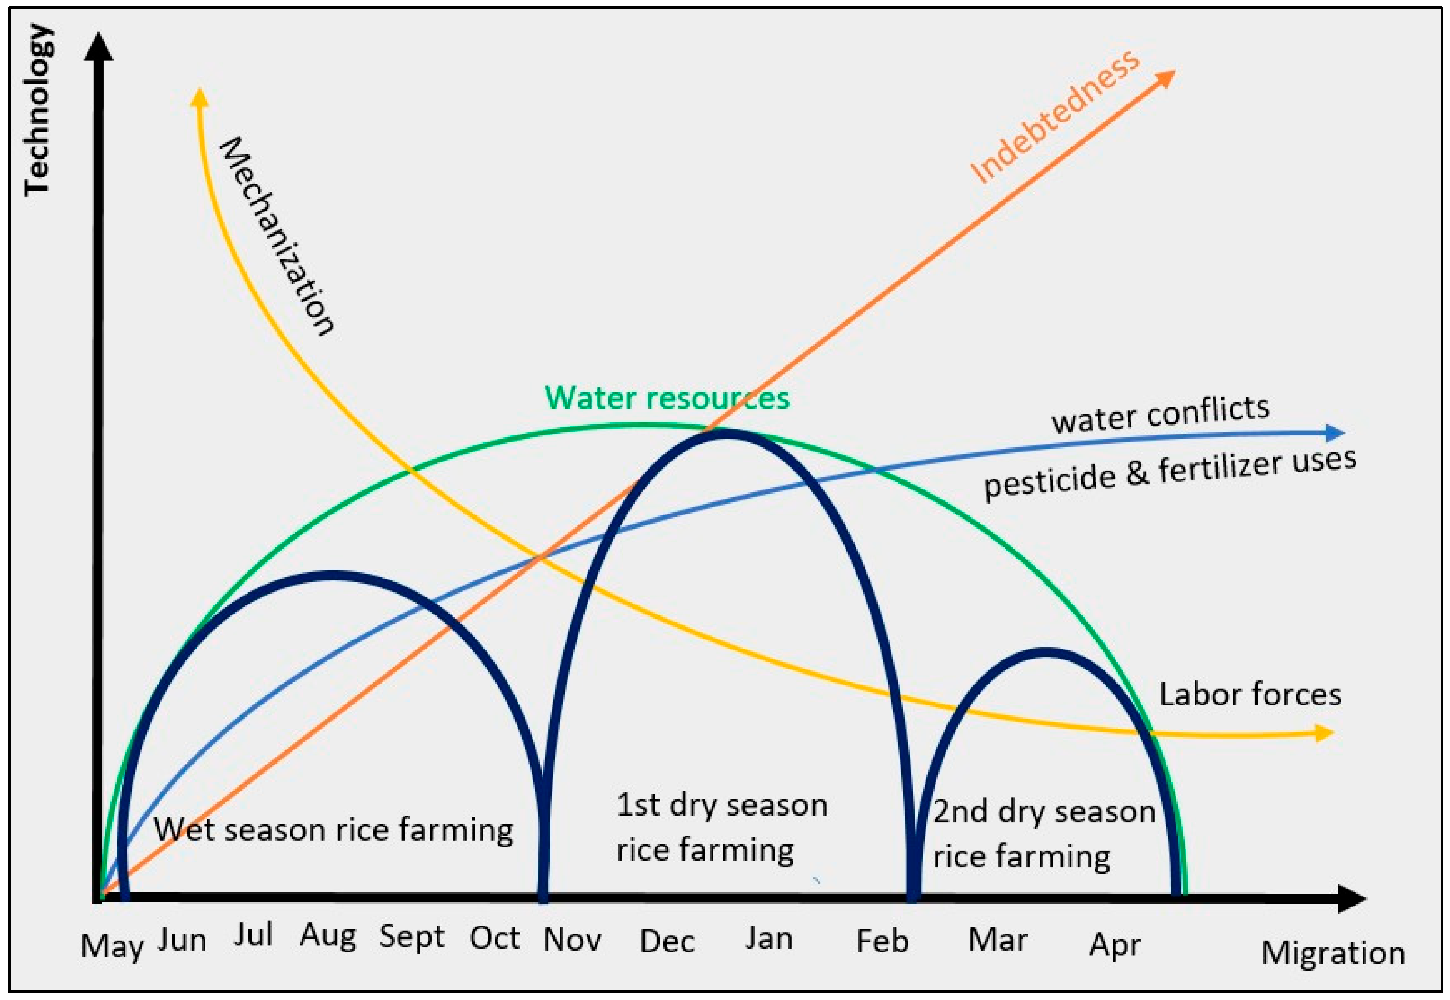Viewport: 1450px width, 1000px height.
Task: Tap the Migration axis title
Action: pos(1333,953)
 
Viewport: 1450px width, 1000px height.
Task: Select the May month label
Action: pos(111,946)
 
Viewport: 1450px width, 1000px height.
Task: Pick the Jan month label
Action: pos(769,938)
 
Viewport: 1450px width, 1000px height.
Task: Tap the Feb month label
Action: pos(882,941)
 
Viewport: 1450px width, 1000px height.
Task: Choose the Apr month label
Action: pos(1115,945)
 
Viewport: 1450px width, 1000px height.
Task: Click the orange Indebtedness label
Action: pos(1054,118)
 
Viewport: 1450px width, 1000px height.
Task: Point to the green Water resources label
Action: pos(667,397)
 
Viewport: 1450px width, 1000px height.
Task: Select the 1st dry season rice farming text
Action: pos(721,827)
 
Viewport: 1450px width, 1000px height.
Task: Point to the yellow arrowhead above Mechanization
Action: pos(199,97)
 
